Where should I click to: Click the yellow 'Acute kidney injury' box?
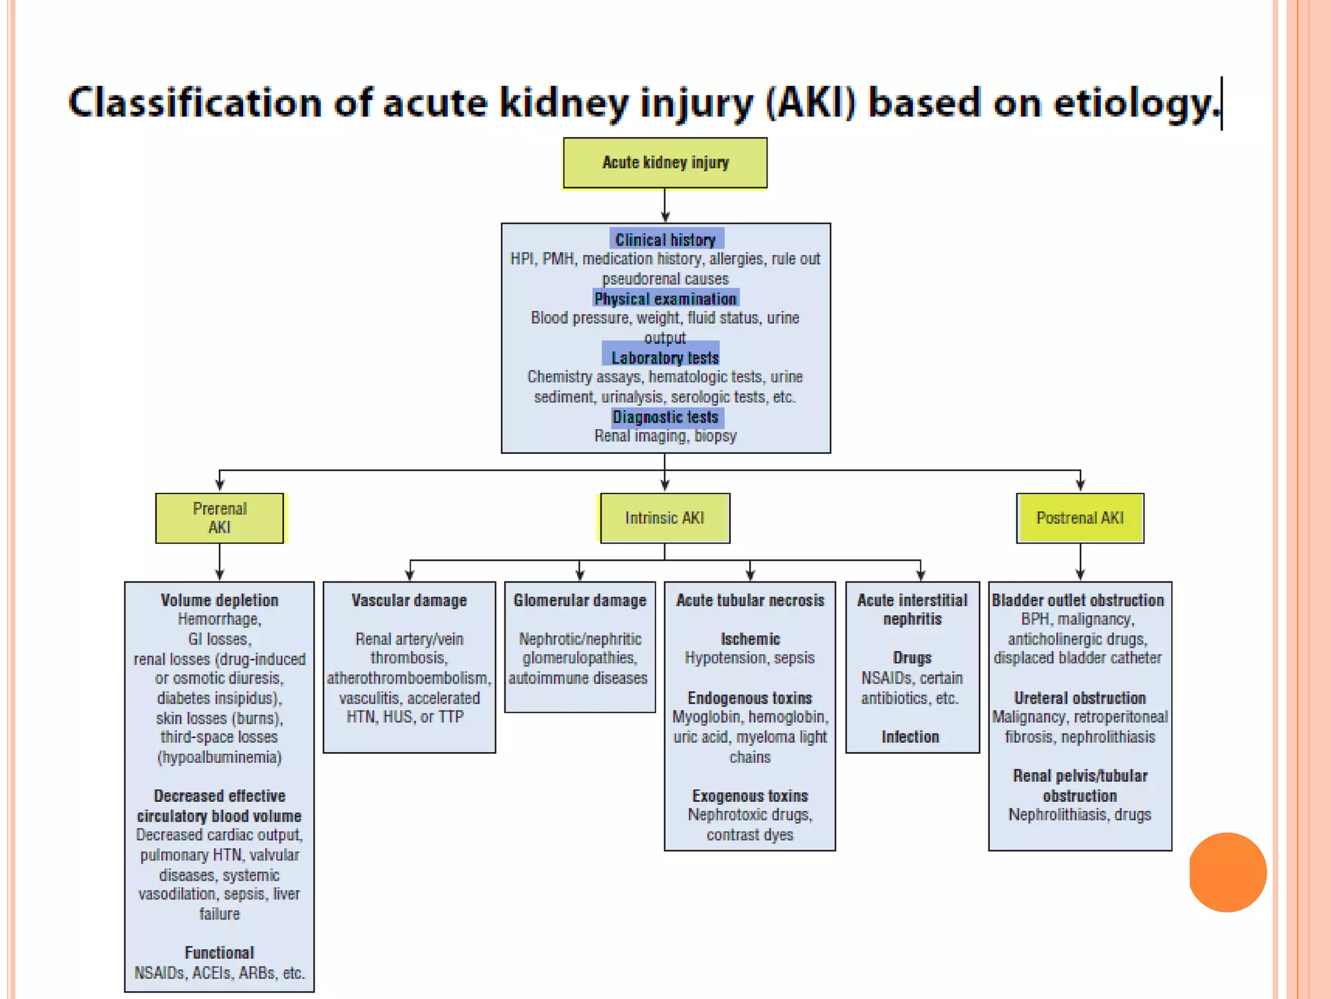[665, 163]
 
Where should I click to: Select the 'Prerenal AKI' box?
[220, 518]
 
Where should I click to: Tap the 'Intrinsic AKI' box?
[664, 518]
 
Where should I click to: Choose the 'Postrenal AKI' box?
[1079, 518]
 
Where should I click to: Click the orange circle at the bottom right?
[1228, 872]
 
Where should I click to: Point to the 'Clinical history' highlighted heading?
[665, 240]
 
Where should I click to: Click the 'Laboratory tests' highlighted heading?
[665, 358]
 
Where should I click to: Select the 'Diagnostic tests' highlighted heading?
[665, 417]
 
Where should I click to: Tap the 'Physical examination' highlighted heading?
[665, 299]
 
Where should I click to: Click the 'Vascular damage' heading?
[409, 600]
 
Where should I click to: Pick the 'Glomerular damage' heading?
[580, 600]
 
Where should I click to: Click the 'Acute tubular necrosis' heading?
[750, 600]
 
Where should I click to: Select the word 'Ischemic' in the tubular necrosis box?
[750, 639]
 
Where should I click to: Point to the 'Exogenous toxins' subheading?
[750, 796]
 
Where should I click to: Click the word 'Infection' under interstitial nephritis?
[911, 737]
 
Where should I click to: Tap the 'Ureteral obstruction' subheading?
[1079, 699]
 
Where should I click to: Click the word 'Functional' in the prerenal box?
[219, 953]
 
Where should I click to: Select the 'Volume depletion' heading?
[219, 600]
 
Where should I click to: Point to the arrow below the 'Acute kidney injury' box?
[664, 207]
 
